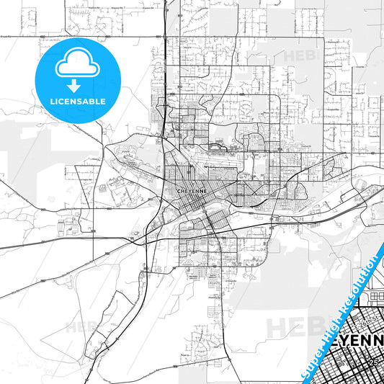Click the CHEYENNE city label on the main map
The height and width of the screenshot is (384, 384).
tap(189, 190)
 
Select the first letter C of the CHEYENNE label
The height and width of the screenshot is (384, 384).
tap(178, 190)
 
